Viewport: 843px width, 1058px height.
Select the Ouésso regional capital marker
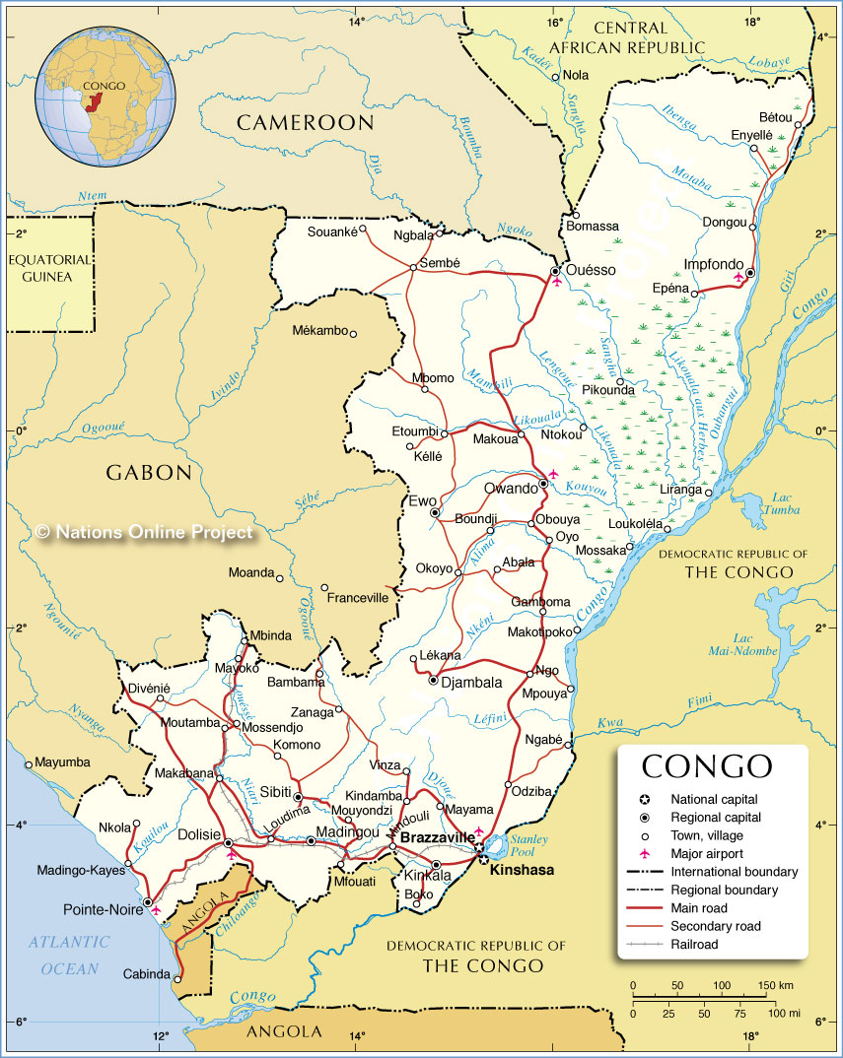[x=555, y=270]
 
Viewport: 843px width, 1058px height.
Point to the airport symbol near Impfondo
[x=738, y=278]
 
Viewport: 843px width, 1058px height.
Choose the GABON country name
[x=149, y=473]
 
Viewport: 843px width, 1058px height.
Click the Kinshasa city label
[x=523, y=870]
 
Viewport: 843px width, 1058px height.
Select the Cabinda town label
[x=146, y=974]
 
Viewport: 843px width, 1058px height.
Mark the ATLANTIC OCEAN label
[x=71, y=955]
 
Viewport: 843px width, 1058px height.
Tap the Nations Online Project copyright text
[x=144, y=532]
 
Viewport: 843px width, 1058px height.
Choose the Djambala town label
[x=471, y=681]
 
